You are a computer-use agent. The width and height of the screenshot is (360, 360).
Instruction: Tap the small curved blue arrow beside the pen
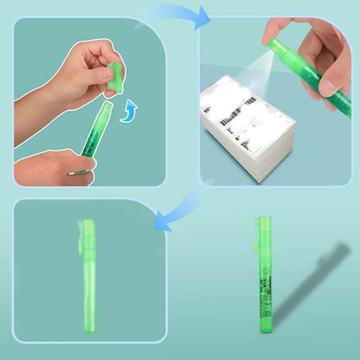[x=129, y=111]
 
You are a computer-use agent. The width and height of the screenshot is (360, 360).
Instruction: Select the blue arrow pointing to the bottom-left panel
[x=172, y=209]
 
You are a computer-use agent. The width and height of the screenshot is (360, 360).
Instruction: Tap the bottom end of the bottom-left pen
[x=89, y=327]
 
